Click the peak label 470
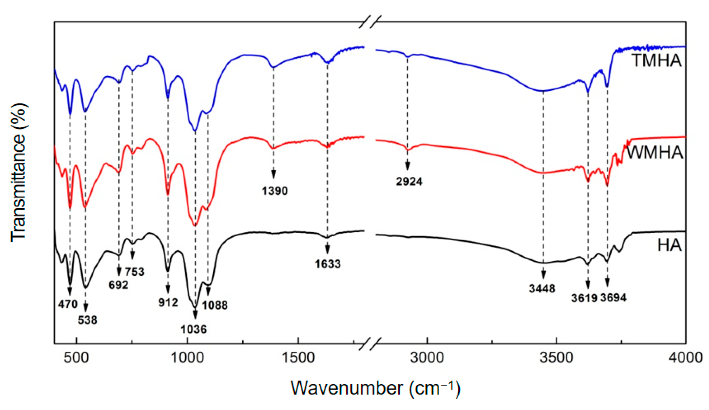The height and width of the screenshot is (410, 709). pos(68,304)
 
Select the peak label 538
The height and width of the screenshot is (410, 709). pos(87,320)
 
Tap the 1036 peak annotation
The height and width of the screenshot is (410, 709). pos(193,329)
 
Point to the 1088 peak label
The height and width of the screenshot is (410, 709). pos(215,305)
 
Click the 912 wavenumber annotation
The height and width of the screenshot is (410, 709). pos(168,302)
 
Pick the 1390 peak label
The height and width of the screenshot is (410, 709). pos(275,191)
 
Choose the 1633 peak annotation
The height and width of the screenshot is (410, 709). pos(328,264)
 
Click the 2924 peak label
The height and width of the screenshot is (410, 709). pos(409,181)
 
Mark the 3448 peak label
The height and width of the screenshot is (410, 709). pos(542,288)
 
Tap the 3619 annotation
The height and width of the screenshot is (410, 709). pos(584,298)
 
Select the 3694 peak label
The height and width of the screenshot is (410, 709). pos(613,298)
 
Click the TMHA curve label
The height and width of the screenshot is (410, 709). pos(656,60)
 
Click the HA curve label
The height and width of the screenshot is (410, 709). pos(669,245)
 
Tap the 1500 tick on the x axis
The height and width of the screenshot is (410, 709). pos(298,358)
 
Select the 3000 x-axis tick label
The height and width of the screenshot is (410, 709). pos(427,358)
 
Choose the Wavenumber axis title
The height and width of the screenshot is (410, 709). pos(375,388)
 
